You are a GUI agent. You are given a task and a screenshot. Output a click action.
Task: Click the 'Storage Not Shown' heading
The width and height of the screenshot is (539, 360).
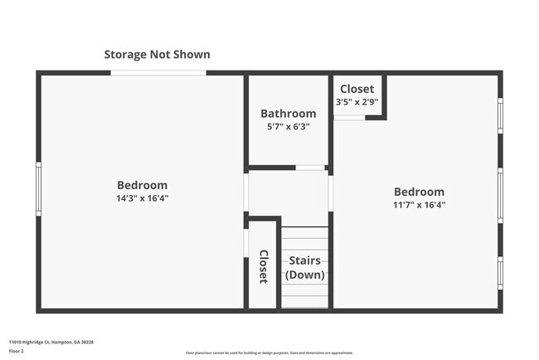point(157,55)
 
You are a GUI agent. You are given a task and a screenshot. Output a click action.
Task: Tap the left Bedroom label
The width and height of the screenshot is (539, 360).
point(142,185)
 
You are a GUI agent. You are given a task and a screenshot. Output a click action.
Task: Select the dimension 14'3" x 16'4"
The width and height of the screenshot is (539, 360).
point(142,198)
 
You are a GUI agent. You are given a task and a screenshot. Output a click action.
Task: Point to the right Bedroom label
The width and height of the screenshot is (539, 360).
point(419,192)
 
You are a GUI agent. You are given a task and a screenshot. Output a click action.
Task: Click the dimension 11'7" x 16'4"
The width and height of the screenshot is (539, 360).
point(419,205)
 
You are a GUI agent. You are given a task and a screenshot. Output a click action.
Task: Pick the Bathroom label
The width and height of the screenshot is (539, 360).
point(288,114)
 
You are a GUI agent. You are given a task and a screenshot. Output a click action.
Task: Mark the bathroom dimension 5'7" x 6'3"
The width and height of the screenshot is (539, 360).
point(288,127)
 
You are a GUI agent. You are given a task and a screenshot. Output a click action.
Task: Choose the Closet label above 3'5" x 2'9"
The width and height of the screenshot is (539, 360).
point(357,89)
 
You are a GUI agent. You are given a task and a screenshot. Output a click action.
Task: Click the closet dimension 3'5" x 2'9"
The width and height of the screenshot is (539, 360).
point(357,101)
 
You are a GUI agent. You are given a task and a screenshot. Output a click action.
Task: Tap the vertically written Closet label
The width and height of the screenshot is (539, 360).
point(263,266)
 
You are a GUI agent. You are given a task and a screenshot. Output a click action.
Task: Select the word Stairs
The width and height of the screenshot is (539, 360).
point(304,260)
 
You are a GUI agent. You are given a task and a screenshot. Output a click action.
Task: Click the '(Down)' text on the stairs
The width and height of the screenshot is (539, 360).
point(304,275)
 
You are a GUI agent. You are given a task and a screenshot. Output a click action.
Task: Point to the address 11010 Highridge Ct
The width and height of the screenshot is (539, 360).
point(51,342)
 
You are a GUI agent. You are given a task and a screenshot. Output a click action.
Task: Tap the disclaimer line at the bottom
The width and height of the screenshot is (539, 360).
point(269,353)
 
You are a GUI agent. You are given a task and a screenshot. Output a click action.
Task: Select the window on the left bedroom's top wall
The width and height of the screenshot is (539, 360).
point(158,73)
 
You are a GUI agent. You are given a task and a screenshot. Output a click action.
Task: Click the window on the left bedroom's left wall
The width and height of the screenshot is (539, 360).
point(38,188)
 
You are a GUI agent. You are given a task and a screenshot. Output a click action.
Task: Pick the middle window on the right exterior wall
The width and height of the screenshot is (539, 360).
point(500,196)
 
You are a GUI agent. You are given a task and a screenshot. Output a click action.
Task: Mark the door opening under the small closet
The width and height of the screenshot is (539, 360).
point(349,117)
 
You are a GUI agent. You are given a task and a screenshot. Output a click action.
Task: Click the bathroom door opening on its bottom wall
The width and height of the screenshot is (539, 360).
point(310,168)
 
